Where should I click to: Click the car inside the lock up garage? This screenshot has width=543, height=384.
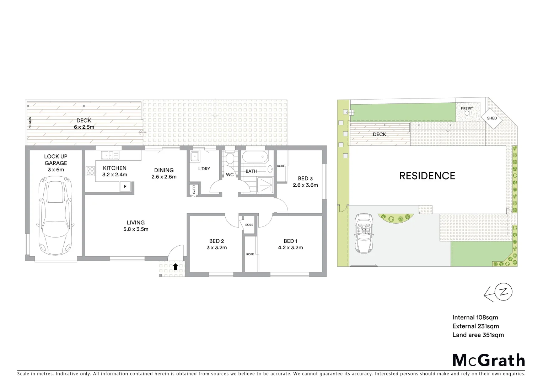tap(57, 218)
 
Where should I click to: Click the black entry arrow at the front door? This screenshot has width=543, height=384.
tap(175, 267)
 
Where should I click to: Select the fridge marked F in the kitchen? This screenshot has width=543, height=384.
tap(125, 186)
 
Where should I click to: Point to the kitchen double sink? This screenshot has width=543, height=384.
tap(110, 155)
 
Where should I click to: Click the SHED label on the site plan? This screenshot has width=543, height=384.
tap(492, 118)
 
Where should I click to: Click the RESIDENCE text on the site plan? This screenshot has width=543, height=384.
tap(427, 176)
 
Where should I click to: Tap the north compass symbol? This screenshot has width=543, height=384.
tap(503, 293)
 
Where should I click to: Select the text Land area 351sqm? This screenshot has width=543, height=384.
tap(478, 335)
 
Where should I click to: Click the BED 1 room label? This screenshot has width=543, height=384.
tap(293, 244)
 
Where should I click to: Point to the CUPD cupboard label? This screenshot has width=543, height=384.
tap(194, 190)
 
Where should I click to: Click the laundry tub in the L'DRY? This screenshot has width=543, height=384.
tap(195, 156)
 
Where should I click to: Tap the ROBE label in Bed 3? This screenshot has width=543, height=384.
tap(281, 166)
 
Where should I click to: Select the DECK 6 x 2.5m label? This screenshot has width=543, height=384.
tap(84, 124)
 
